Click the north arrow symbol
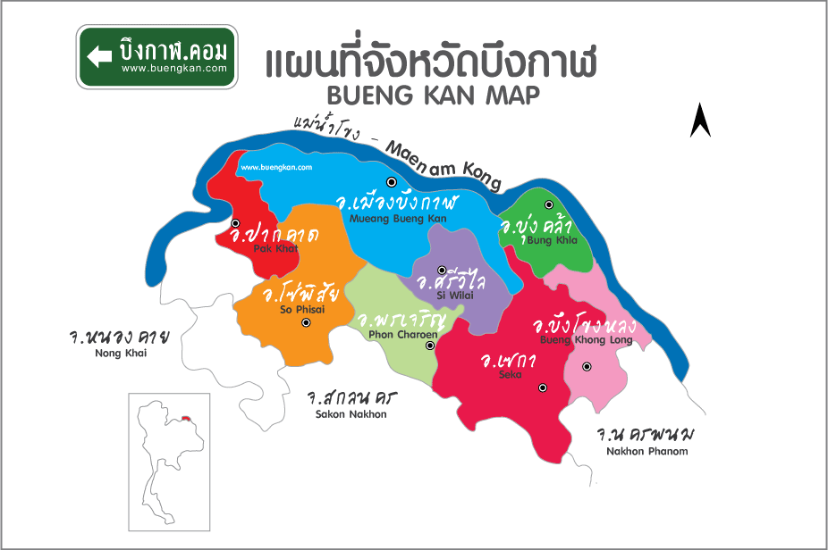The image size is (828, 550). click(x=700, y=121)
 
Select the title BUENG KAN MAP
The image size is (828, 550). click(x=434, y=96)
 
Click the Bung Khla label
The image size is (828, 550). click(x=552, y=240)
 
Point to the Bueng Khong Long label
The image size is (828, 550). click(x=586, y=340)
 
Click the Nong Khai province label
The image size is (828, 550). click(x=119, y=353)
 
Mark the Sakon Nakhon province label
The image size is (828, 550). click(x=351, y=414)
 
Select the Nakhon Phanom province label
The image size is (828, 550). click(x=646, y=451)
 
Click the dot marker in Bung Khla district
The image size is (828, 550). click(x=549, y=205)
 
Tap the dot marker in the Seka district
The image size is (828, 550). click(x=543, y=387)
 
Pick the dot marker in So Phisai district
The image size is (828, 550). click(x=306, y=323)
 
